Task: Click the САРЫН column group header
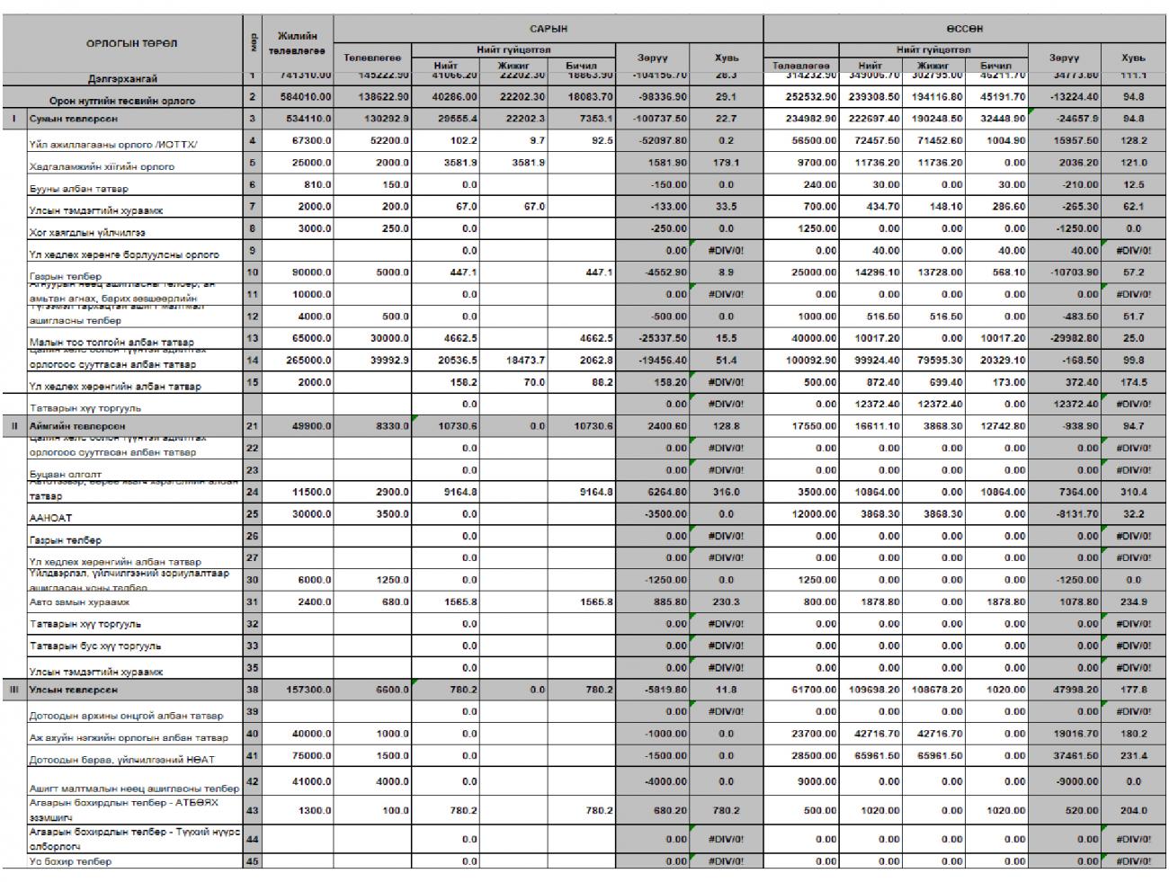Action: (x=548, y=29)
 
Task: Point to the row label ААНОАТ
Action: (x=46, y=517)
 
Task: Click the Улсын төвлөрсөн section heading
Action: (x=72, y=690)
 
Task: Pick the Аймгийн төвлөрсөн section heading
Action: (x=76, y=426)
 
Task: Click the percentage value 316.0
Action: (x=726, y=492)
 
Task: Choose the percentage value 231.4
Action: (x=1134, y=756)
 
